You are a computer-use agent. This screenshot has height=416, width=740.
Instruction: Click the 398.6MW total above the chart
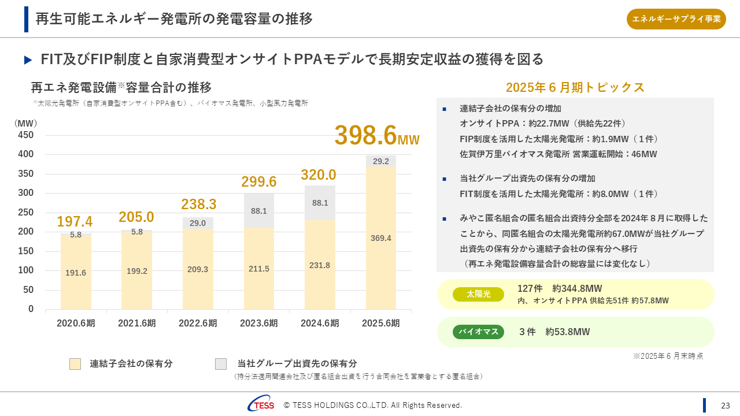[376, 136]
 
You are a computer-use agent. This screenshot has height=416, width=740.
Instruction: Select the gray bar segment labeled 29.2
[381, 161]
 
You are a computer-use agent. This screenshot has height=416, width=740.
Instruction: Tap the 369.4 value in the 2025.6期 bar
[381, 238]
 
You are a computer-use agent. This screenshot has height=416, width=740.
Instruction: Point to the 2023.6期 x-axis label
[259, 324]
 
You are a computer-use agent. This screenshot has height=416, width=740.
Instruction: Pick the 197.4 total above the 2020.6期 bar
[75, 221]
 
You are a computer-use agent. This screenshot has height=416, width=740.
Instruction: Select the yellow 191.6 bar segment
[76, 273]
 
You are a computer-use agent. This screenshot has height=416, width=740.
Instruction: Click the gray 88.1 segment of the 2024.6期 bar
[320, 203]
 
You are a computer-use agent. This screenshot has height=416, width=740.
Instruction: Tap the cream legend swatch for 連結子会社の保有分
[75, 364]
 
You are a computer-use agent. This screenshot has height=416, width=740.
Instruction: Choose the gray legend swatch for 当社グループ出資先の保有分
[221, 364]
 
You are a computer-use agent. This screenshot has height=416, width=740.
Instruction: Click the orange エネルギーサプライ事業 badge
[676, 19]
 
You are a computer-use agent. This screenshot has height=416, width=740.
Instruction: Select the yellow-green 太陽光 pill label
[478, 294]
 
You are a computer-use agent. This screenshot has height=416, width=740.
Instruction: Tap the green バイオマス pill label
[478, 332]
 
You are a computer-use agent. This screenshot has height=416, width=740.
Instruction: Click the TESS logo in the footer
[261, 405]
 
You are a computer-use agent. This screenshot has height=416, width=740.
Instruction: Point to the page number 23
[726, 406]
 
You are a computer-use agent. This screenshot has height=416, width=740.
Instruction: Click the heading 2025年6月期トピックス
[575, 88]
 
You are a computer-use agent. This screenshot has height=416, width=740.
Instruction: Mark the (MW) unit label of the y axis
[25, 123]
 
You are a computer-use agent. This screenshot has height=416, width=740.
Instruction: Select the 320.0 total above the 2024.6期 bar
[319, 175]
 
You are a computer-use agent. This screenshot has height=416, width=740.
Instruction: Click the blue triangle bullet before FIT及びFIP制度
[28, 60]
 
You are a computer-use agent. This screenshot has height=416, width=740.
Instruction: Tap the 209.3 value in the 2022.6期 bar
[198, 269]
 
